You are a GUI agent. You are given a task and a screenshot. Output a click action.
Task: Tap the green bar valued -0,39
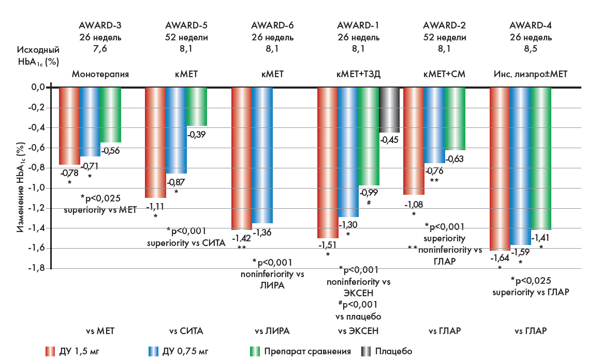coord(196,107)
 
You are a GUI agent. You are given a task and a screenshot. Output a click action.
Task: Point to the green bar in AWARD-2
coord(455,119)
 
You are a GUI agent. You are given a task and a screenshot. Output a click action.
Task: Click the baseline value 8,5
coord(531,50)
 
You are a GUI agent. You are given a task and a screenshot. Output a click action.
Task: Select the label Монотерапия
coord(100,74)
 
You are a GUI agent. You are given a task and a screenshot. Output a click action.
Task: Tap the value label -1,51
coord(328,244)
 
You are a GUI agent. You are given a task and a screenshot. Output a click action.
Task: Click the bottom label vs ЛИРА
coord(272,331)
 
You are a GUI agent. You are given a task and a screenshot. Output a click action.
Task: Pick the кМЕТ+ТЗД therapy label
coord(358,74)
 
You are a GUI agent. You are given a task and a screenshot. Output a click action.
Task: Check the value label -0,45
coord(389,139)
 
